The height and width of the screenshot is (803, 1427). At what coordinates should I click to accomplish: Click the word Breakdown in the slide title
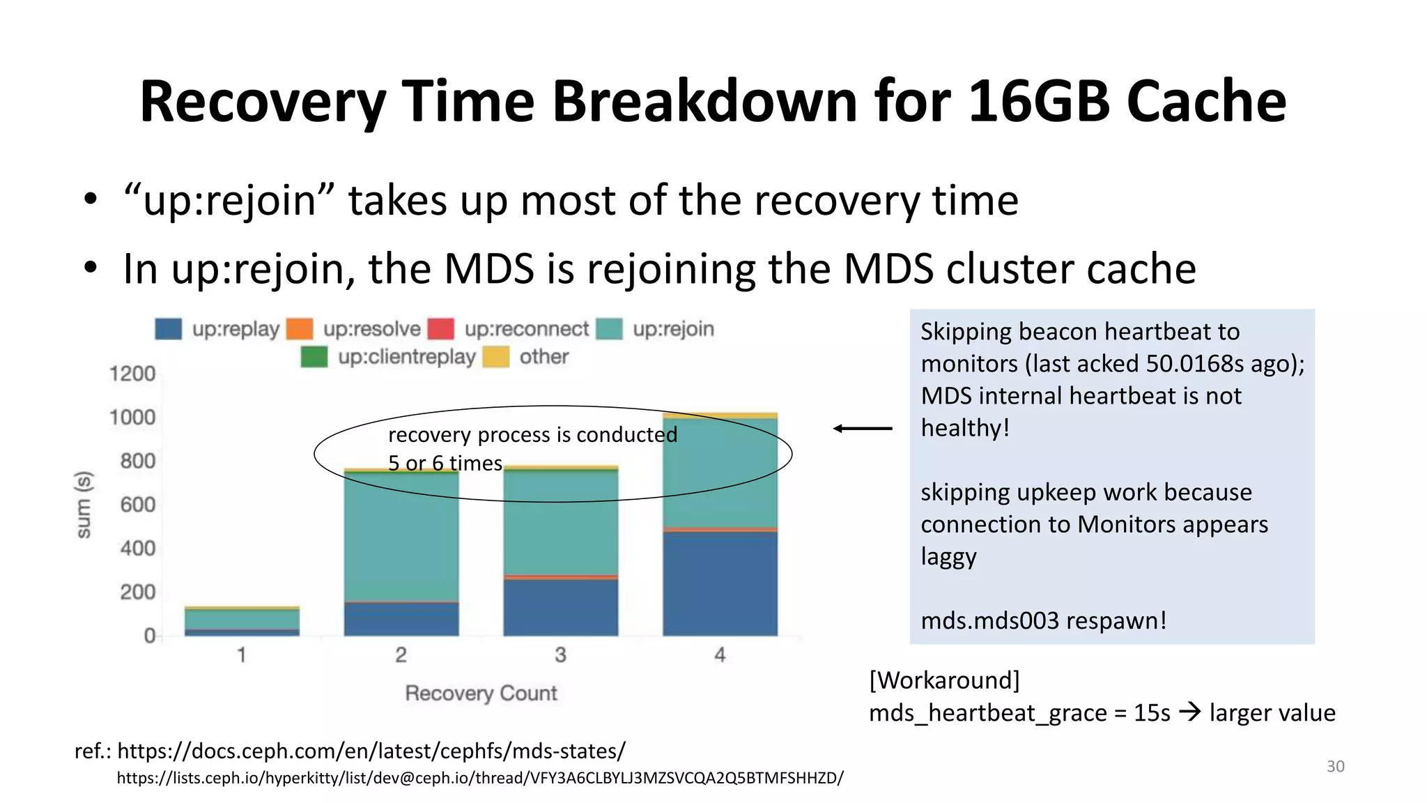(x=704, y=102)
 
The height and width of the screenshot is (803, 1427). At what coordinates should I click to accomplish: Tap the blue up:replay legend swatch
(x=168, y=329)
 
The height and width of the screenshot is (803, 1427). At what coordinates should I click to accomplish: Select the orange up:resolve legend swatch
(x=300, y=329)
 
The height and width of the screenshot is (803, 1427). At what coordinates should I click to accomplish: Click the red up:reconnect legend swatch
(x=440, y=329)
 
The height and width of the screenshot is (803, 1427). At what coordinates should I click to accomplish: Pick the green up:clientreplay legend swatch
(x=314, y=357)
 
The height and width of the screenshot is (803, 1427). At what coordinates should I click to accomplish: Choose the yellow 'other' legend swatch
(x=496, y=357)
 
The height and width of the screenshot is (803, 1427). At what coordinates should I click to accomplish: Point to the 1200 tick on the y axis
(x=132, y=374)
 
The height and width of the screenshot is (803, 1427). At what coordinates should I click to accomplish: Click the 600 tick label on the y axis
(x=137, y=505)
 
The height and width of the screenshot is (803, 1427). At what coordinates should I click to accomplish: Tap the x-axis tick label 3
(x=560, y=655)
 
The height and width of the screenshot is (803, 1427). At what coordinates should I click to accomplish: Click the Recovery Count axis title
(x=481, y=693)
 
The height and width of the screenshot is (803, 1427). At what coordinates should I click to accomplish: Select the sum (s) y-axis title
(x=84, y=505)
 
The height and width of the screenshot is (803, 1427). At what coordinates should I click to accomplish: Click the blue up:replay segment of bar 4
(x=720, y=584)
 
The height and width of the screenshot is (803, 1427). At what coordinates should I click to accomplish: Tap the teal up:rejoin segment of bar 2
(x=401, y=537)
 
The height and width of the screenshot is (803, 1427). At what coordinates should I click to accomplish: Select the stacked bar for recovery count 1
(x=242, y=620)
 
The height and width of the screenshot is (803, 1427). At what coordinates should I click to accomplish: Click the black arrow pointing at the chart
(x=863, y=429)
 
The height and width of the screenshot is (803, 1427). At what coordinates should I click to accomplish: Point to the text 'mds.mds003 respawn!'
(x=1043, y=620)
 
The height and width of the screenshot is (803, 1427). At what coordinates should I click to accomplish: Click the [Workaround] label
(x=944, y=680)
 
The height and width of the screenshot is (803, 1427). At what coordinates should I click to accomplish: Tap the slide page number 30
(x=1335, y=766)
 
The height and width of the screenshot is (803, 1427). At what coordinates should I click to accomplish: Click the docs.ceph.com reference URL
(x=371, y=751)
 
